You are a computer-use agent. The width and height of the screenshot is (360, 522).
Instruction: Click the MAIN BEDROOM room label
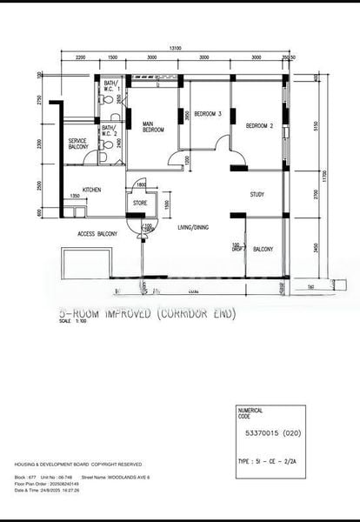point(153,127)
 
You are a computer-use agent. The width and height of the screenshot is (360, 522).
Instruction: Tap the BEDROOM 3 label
point(207,114)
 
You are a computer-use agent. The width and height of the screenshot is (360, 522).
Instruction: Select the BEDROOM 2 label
point(259,126)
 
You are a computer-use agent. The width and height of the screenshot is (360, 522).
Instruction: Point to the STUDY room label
point(257,194)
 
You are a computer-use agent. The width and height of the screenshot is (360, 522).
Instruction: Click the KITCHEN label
point(93,189)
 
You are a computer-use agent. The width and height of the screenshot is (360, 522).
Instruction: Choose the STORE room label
point(139,204)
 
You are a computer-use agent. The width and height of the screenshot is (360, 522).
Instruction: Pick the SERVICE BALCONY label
point(77,144)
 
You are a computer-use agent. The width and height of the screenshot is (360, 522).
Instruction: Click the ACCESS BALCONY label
point(97,234)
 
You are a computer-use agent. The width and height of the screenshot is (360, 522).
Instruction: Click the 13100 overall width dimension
point(175,49)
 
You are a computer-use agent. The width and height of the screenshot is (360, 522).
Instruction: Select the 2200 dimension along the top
point(79,57)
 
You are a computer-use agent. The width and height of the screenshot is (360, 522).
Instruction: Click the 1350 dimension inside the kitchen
point(76,197)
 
